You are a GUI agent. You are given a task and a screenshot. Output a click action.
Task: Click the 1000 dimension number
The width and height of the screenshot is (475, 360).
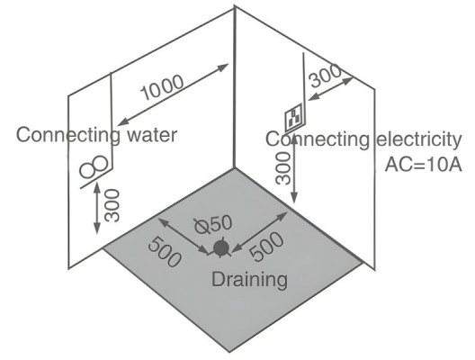[162, 87]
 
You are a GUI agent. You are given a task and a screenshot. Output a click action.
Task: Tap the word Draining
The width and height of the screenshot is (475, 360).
[249, 279]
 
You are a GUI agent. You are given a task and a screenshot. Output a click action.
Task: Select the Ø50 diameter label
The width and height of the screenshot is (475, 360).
[213, 224]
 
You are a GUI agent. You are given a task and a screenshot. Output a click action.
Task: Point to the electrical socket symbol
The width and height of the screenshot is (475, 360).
[295, 118]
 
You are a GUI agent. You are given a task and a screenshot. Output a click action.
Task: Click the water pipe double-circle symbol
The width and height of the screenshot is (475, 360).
[94, 167]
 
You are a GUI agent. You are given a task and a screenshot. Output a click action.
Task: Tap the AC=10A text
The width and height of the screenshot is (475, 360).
[423, 166]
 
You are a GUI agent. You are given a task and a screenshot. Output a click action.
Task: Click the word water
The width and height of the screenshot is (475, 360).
[152, 135]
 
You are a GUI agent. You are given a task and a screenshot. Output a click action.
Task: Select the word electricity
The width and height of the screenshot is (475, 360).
[419, 140]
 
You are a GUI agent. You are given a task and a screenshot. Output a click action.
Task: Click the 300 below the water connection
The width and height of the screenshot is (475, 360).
[112, 205]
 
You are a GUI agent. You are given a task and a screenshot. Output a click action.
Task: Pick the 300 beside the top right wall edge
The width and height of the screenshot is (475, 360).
[326, 76]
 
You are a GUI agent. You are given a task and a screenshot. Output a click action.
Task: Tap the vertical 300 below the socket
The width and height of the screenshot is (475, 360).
[283, 168]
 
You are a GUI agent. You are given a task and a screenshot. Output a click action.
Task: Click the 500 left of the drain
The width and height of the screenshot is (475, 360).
[165, 252]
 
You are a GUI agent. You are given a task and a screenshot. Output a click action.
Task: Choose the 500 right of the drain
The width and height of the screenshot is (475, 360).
[267, 247]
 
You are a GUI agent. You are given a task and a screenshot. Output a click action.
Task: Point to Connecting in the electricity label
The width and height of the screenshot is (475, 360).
[318, 140]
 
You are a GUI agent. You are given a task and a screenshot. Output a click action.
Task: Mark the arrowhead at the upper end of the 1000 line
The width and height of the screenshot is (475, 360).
[224, 67]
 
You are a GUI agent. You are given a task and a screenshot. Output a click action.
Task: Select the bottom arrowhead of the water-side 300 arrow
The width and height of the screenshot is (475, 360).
[97, 228]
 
